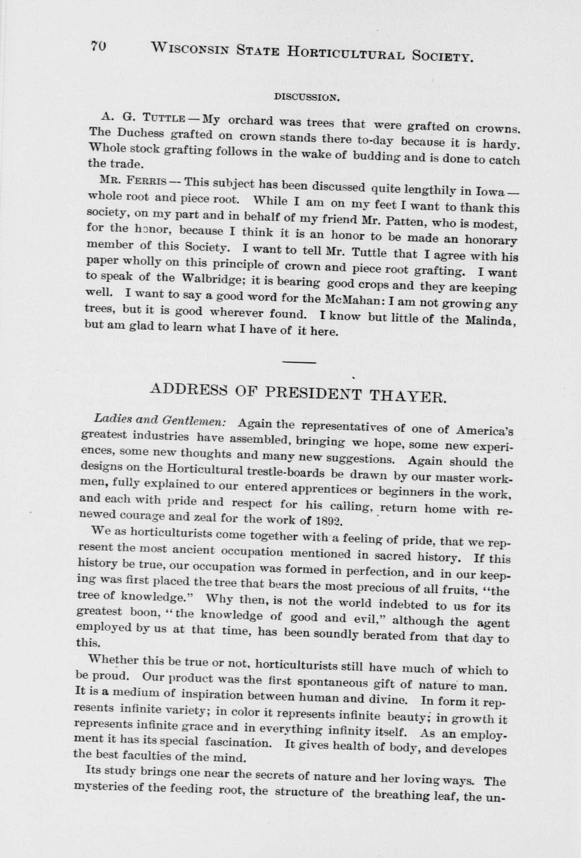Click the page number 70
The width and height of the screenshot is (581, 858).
click(x=99, y=46)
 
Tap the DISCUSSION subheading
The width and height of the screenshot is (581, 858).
click(x=306, y=98)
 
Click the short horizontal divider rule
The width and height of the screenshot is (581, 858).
click(x=299, y=362)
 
